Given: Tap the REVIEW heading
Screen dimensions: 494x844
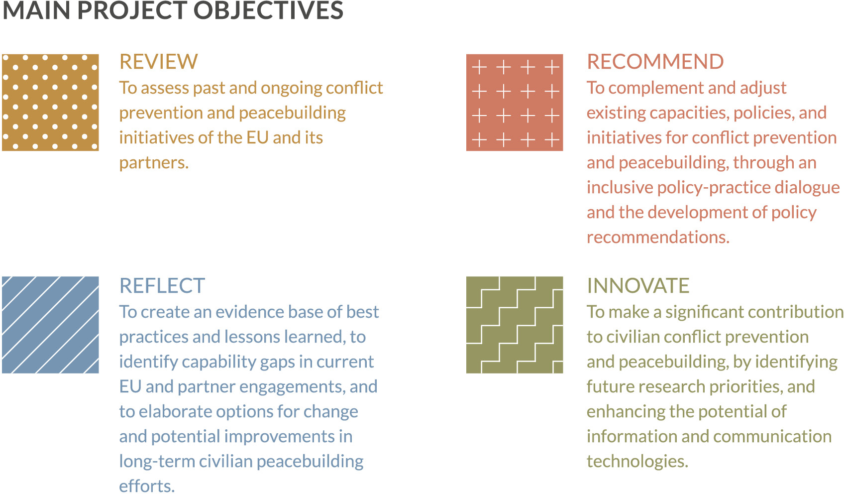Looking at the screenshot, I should pyautogui.click(x=158, y=62).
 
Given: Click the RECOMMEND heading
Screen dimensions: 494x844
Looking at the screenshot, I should pyautogui.click(x=655, y=62).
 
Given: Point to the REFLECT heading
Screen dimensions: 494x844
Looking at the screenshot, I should pyautogui.click(x=162, y=286).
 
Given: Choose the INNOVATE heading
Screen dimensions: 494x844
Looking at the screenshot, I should pyautogui.click(x=638, y=286).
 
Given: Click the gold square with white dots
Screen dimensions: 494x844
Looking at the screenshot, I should pyautogui.click(x=50, y=102).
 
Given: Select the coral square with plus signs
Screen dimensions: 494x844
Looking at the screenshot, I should pyautogui.click(x=514, y=102).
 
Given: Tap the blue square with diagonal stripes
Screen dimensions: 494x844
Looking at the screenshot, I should pyautogui.click(x=50, y=325).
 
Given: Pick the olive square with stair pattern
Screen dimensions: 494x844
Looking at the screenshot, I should pyautogui.click(x=514, y=325).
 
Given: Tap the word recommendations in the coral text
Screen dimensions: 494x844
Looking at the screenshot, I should pyautogui.click(x=657, y=238).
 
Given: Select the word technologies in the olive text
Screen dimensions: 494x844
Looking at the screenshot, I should pyautogui.click(x=637, y=462).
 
